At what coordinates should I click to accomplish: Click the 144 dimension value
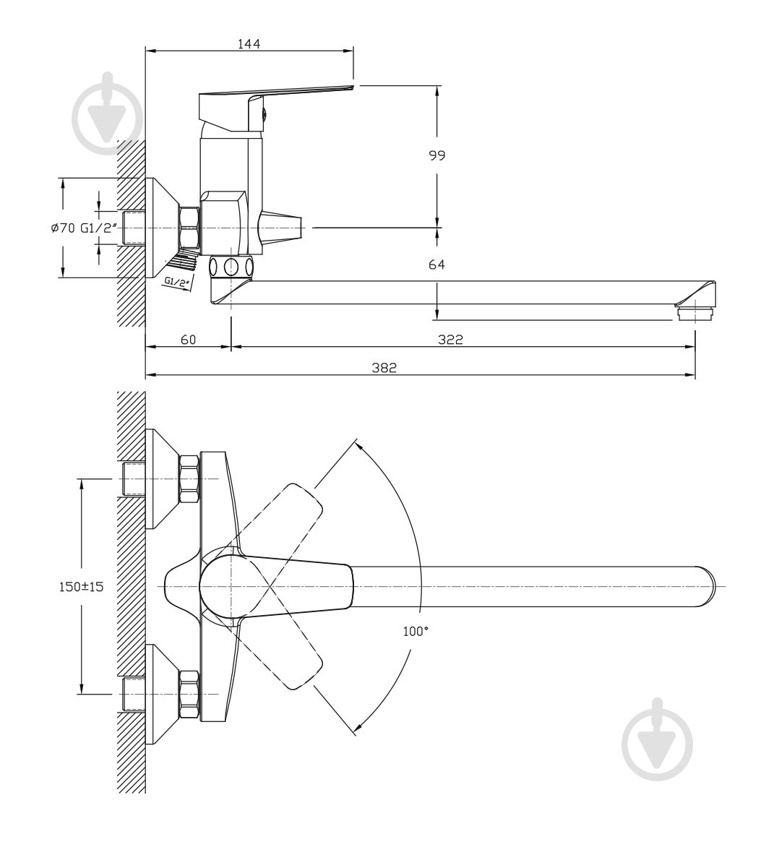point(249,43)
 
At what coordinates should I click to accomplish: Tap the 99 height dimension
point(437,155)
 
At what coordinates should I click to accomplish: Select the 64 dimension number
point(437,265)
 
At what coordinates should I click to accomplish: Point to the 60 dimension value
point(189,340)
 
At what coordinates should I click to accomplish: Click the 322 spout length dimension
point(449,340)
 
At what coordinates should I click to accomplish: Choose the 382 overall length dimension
point(384,368)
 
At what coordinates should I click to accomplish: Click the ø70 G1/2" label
point(84,228)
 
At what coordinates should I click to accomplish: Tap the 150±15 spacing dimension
point(81,586)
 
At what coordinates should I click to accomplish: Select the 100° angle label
point(416,632)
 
